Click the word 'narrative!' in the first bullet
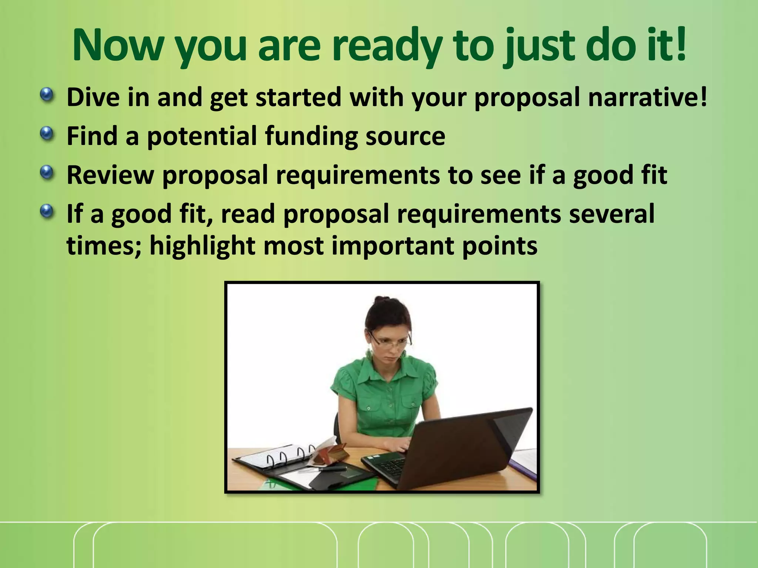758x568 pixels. (x=647, y=97)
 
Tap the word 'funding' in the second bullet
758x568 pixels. (x=311, y=136)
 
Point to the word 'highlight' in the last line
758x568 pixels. (x=202, y=246)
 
